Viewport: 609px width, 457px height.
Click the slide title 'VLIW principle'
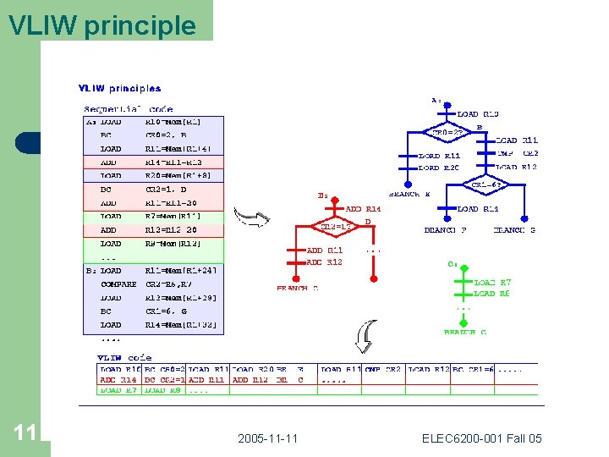[x=101, y=25]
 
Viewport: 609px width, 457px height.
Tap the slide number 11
[x=25, y=433]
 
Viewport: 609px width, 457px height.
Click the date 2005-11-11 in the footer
[x=266, y=438]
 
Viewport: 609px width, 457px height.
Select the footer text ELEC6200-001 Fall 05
[x=482, y=438]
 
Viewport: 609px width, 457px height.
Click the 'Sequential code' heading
[x=128, y=108]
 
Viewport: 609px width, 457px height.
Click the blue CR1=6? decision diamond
[x=488, y=184]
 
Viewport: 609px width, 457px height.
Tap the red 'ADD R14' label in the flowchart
[x=365, y=208]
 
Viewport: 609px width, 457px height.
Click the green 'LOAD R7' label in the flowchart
[x=492, y=282]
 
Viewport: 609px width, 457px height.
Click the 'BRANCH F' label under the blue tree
[x=445, y=229]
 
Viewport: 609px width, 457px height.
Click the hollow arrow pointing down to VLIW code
[x=363, y=338]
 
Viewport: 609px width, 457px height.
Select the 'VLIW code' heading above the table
[x=125, y=357]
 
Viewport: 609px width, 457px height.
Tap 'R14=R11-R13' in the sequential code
[x=173, y=162]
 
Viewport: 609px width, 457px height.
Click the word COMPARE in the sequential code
[x=118, y=284]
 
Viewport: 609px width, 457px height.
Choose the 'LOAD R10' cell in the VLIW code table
[x=120, y=369]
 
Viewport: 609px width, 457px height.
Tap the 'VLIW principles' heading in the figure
[x=119, y=88]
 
